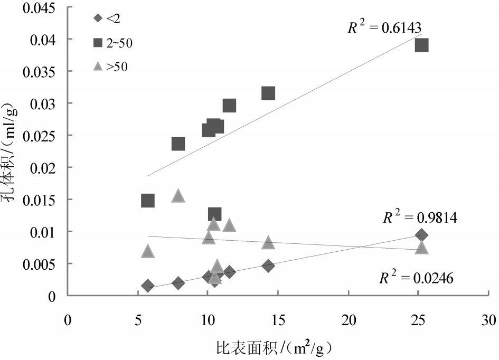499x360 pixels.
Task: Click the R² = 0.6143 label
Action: [x=384, y=27]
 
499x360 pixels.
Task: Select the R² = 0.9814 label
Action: [x=420, y=217]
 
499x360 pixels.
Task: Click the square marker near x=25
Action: [x=421, y=45]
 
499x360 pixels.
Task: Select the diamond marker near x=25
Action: [x=421, y=235]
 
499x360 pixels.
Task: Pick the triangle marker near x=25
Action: [x=421, y=247]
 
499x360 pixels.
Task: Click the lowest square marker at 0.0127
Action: [x=214, y=214]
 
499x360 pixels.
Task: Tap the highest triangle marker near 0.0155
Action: [x=178, y=196]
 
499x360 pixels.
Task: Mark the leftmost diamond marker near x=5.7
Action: [x=148, y=286]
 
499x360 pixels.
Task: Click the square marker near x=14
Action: [x=268, y=93]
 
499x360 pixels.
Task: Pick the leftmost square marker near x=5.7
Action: [x=148, y=201]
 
